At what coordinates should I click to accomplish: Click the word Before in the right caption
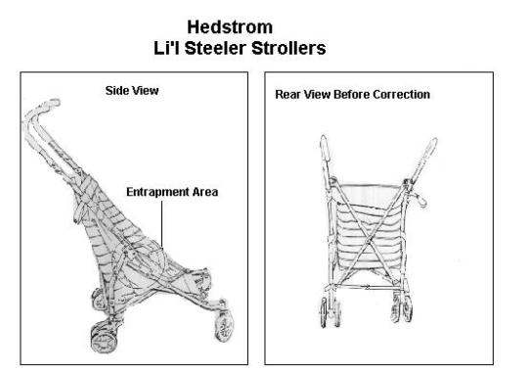(355, 94)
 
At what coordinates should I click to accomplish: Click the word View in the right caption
(321, 94)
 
